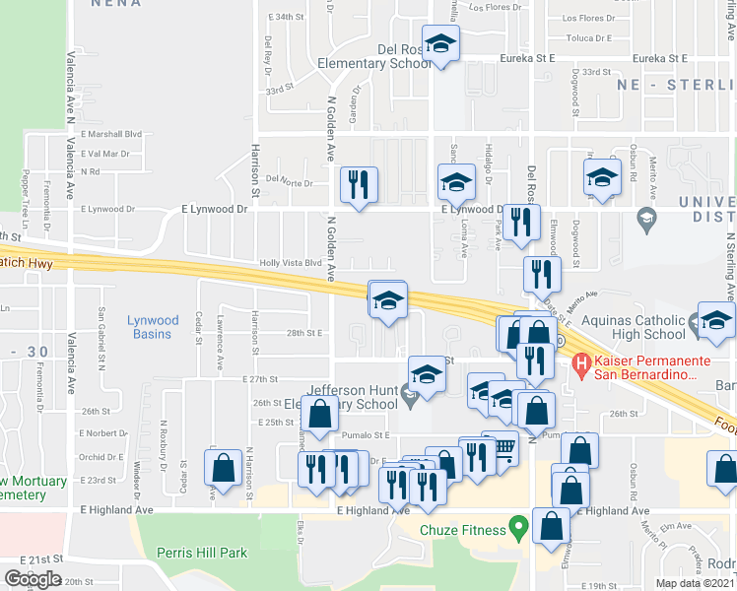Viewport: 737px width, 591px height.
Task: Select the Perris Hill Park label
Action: point(205,553)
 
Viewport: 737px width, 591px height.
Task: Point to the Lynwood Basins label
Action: point(153,327)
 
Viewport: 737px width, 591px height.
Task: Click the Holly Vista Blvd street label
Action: point(290,263)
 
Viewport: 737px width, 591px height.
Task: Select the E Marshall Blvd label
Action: point(112,134)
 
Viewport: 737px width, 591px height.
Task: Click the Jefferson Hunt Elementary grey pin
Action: point(408,396)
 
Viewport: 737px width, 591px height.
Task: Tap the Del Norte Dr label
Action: point(289,183)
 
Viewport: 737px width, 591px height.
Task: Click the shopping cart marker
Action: point(502,448)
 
